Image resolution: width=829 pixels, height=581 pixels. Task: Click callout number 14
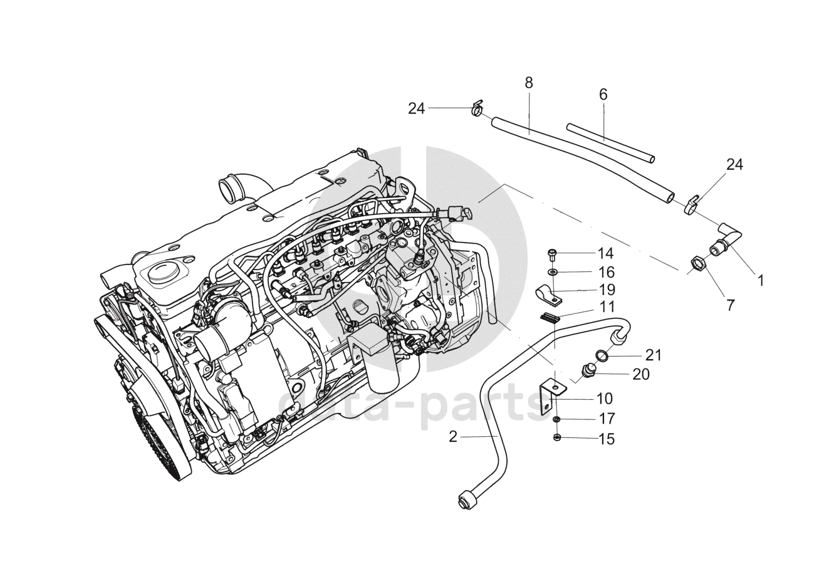[x=605, y=254]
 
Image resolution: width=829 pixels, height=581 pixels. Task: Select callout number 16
[x=605, y=273]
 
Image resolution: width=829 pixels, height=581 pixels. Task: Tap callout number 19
[x=606, y=290]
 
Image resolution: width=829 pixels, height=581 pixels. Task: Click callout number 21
[x=654, y=355]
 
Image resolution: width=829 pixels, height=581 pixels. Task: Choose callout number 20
[x=640, y=374]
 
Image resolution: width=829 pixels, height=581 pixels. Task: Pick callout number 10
[x=605, y=399]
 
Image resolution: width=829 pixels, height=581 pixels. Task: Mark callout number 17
[x=607, y=418]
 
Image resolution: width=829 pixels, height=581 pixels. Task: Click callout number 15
[x=606, y=439]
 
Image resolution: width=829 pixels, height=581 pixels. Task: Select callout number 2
[x=454, y=437]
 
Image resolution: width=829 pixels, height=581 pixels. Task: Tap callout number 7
[x=730, y=305]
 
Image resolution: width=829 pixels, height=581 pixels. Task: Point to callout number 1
[x=760, y=280]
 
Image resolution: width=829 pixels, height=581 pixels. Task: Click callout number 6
[x=603, y=95]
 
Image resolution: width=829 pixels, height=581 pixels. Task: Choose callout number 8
[x=528, y=82]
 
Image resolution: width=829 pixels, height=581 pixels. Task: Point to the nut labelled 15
[x=557, y=437]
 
